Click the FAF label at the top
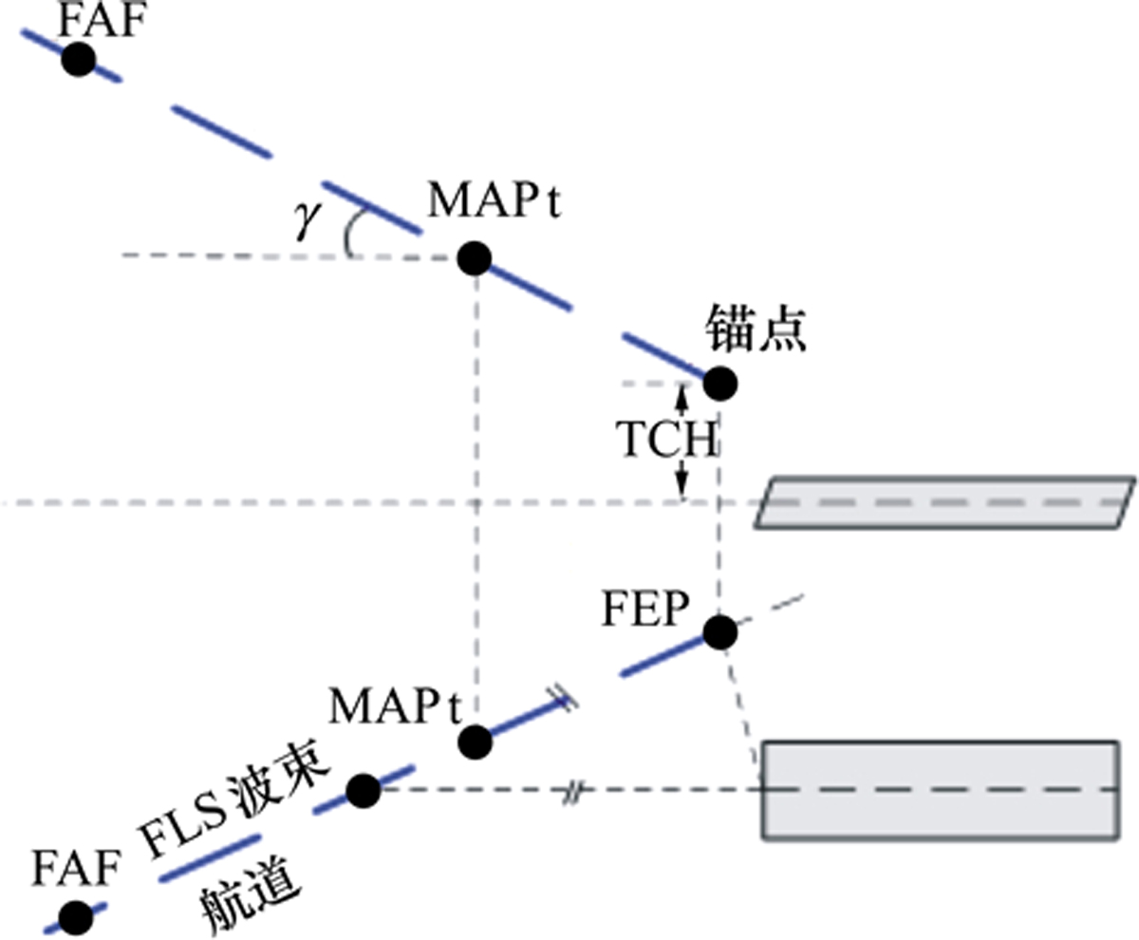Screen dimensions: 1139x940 (x=103, y=20)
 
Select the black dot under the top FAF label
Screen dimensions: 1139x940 (x=79, y=59)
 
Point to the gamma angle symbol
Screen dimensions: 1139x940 (x=308, y=219)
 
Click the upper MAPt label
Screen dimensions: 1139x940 (x=495, y=201)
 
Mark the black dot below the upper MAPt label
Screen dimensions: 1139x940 (x=475, y=258)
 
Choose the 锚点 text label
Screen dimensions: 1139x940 (x=756, y=329)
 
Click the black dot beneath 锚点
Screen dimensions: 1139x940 (x=720, y=384)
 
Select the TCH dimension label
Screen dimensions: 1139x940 (x=666, y=439)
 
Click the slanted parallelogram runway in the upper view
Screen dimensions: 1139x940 (x=945, y=502)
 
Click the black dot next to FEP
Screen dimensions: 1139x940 (x=720, y=632)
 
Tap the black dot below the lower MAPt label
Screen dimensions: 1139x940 (x=475, y=743)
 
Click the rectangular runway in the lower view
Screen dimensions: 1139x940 (x=941, y=790)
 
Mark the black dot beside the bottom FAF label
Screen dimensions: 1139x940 (x=76, y=918)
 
